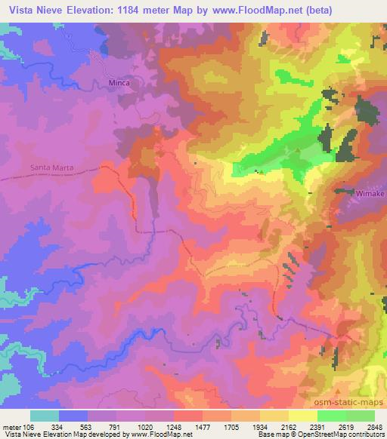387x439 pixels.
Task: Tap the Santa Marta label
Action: (51, 167)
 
